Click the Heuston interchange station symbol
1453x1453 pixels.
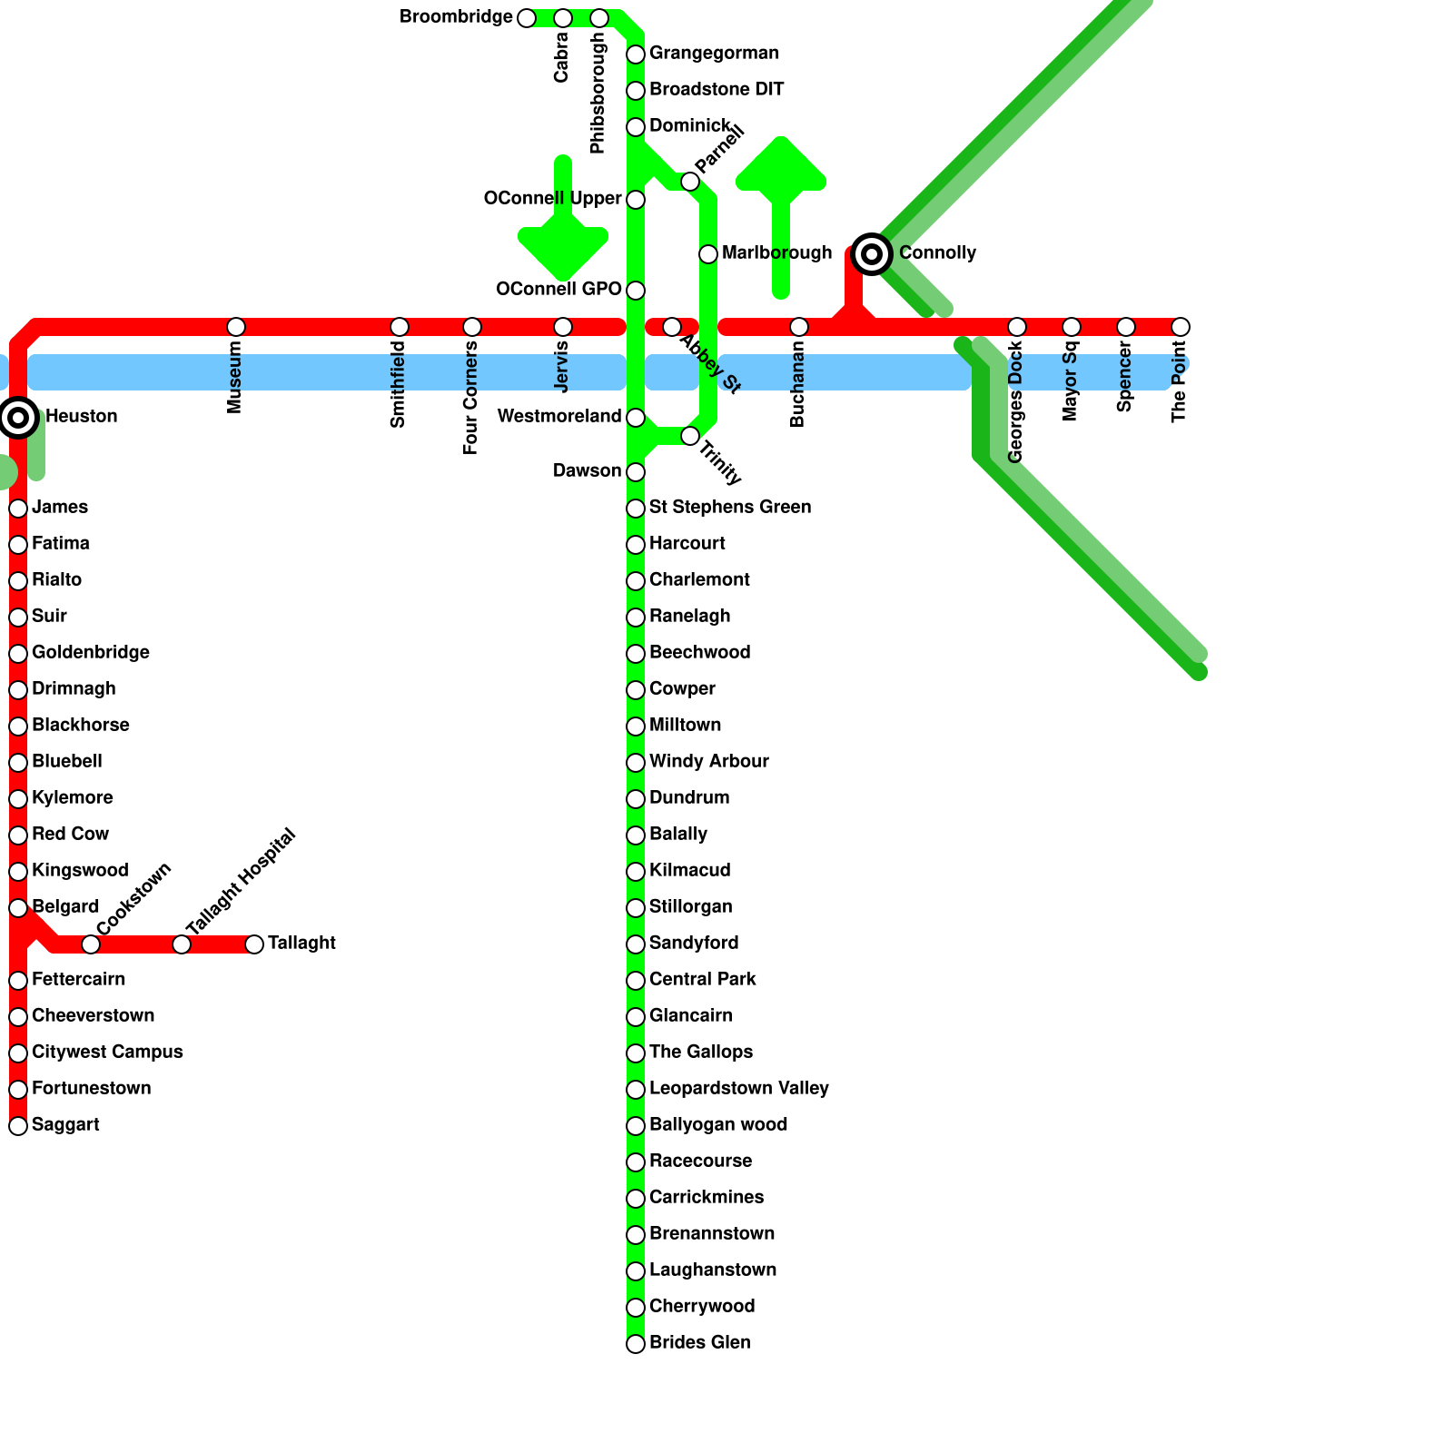pyautogui.click(x=18, y=418)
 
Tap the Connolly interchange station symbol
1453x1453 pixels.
pyautogui.click(x=872, y=254)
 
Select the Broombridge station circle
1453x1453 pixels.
pyautogui.click(x=527, y=18)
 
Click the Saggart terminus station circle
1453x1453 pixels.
pyautogui.click(x=18, y=1126)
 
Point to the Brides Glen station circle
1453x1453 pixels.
pyautogui.click(x=636, y=1344)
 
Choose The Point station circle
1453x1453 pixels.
pyautogui.click(x=1181, y=327)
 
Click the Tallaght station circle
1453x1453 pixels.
pyautogui.click(x=254, y=944)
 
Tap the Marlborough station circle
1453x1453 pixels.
pyautogui.click(x=708, y=254)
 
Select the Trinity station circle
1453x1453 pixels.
pyautogui.click(x=690, y=436)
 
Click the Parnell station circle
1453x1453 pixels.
pyautogui.click(x=690, y=182)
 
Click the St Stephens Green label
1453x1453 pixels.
pyautogui.click(x=730, y=507)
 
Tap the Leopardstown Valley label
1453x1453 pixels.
pyautogui.click(x=739, y=1088)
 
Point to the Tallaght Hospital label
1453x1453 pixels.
pyautogui.click(x=241, y=881)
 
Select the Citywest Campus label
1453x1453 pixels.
pyautogui.click(x=107, y=1052)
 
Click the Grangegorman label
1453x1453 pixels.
pyautogui.click(x=714, y=53)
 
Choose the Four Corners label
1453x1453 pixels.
pyautogui.click(x=470, y=398)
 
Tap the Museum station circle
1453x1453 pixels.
pyautogui.click(x=236, y=327)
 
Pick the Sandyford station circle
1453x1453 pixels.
pyautogui.click(x=636, y=944)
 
